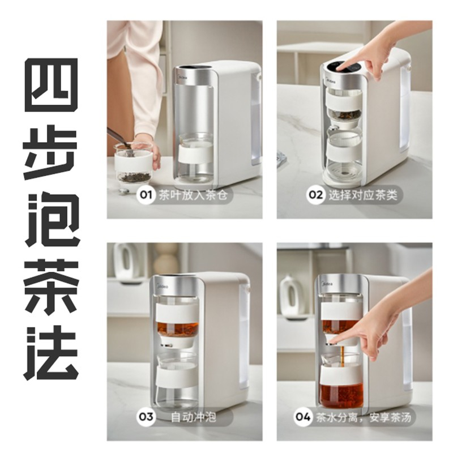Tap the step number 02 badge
(x=315, y=195)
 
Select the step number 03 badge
(x=146, y=417)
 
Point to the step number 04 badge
(x=303, y=417)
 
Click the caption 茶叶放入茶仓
(x=193, y=195)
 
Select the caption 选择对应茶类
(x=362, y=195)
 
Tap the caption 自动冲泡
(x=193, y=417)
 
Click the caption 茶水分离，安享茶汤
(x=364, y=417)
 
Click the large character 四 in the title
(x=52, y=85)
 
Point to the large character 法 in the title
(x=52, y=353)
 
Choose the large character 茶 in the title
(x=52, y=287)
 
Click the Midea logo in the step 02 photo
(x=332, y=82)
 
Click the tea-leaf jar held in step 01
(x=134, y=163)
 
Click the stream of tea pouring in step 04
(x=343, y=357)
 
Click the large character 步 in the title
(x=51, y=152)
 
